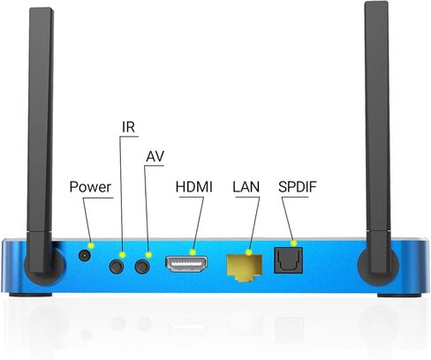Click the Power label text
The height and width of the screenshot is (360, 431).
(90, 187)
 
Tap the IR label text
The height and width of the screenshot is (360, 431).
(128, 127)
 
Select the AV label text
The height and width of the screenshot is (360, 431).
(155, 156)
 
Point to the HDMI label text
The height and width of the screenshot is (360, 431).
(194, 187)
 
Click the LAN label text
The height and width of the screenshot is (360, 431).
(246, 187)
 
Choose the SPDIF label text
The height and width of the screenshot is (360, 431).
(298, 187)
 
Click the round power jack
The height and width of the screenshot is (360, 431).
(85, 256)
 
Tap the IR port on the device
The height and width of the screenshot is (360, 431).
(117, 266)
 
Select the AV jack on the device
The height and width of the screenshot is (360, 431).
(142, 266)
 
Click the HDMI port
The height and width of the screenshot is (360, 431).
(186, 264)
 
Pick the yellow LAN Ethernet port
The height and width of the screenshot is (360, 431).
(245, 267)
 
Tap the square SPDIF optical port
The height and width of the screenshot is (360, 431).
(289, 260)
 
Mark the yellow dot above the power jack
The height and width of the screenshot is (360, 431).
(92, 245)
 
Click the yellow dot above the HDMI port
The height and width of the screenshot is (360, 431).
(193, 252)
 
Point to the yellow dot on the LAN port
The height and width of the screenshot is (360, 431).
(249, 252)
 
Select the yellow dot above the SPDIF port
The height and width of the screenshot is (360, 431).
(293, 244)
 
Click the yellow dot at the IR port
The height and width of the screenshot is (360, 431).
(123, 255)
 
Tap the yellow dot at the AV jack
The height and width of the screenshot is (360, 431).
(149, 255)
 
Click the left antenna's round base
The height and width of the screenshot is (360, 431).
(44, 264)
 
